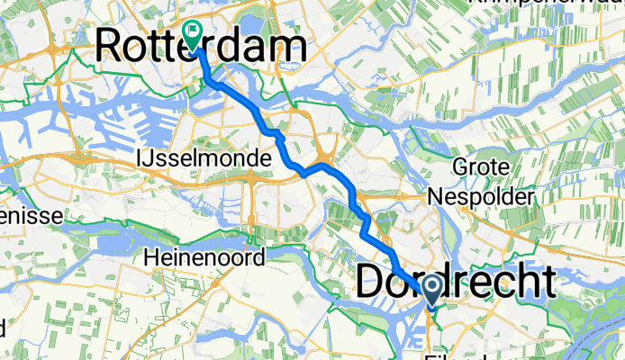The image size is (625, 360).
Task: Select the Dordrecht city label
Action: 456,282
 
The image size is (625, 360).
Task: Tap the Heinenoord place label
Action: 204,258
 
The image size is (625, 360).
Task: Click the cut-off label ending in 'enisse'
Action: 30,217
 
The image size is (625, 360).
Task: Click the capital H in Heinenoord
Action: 149,258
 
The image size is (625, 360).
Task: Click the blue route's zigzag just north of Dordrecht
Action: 364,225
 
